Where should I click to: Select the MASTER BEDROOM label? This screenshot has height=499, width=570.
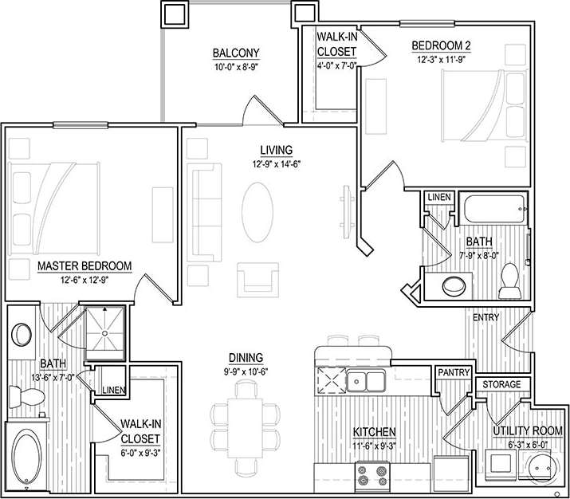(x=85, y=265)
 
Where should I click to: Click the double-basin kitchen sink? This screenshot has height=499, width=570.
(x=366, y=382)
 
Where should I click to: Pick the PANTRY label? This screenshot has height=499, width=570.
(x=453, y=372)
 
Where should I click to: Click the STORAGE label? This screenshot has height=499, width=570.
(x=501, y=385)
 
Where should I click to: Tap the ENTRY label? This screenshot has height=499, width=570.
(x=485, y=317)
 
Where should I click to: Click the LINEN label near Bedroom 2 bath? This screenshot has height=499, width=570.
(x=438, y=197)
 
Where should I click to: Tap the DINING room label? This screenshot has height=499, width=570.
(x=245, y=358)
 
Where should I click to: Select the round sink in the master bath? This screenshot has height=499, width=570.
(x=22, y=333)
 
